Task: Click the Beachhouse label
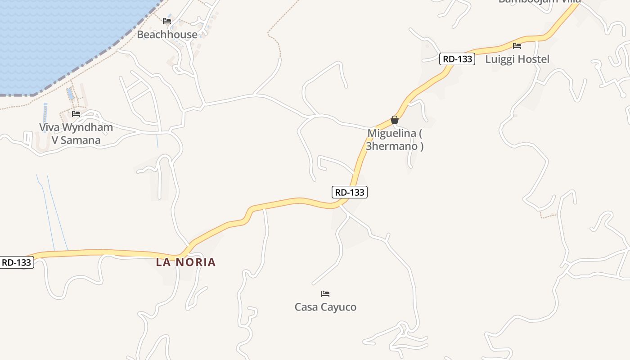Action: tap(167, 35)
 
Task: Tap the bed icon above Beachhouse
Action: tap(167, 21)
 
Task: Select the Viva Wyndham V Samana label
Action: tap(76, 134)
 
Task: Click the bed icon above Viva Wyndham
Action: tap(76, 114)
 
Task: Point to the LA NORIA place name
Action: tap(186, 262)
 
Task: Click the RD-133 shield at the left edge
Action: tap(17, 262)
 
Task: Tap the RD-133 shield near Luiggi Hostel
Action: tap(457, 59)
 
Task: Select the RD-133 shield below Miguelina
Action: tap(350, 192)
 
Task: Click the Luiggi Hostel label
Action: tap(517, 59)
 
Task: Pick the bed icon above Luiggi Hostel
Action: tap(517, 45)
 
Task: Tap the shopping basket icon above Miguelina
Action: tap(395, 120)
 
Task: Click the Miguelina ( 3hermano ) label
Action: tap(395, 139)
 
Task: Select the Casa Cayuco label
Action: tap(325, 307)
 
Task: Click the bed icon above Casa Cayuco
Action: tap(325, 294)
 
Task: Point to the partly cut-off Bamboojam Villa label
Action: tap(540, 2)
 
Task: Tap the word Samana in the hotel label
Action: tap(81, 140)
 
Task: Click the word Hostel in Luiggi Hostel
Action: tap(534, 59)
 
